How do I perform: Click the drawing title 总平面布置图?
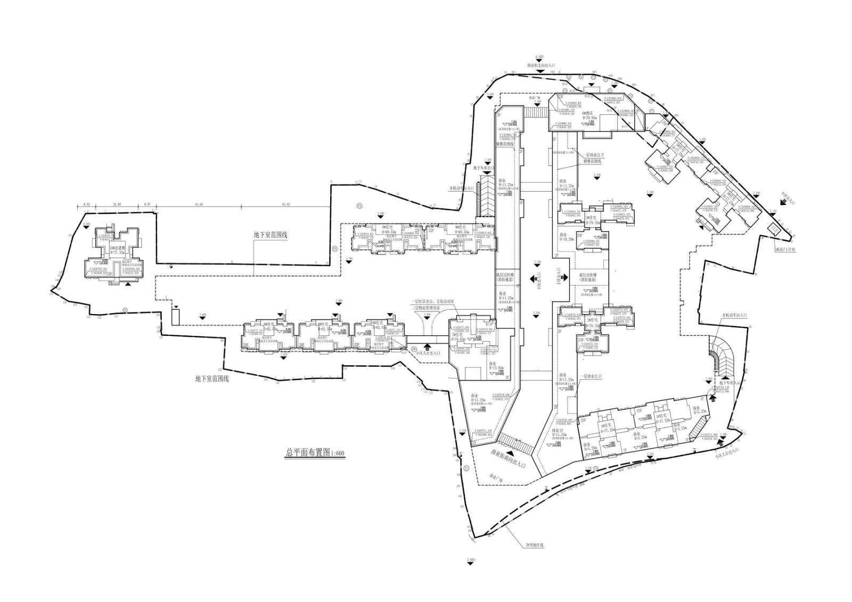308,453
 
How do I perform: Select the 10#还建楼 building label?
117,248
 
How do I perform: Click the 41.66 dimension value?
199,204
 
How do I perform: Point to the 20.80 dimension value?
117,204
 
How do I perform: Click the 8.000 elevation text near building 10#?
86,224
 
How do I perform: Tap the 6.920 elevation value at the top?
540,56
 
